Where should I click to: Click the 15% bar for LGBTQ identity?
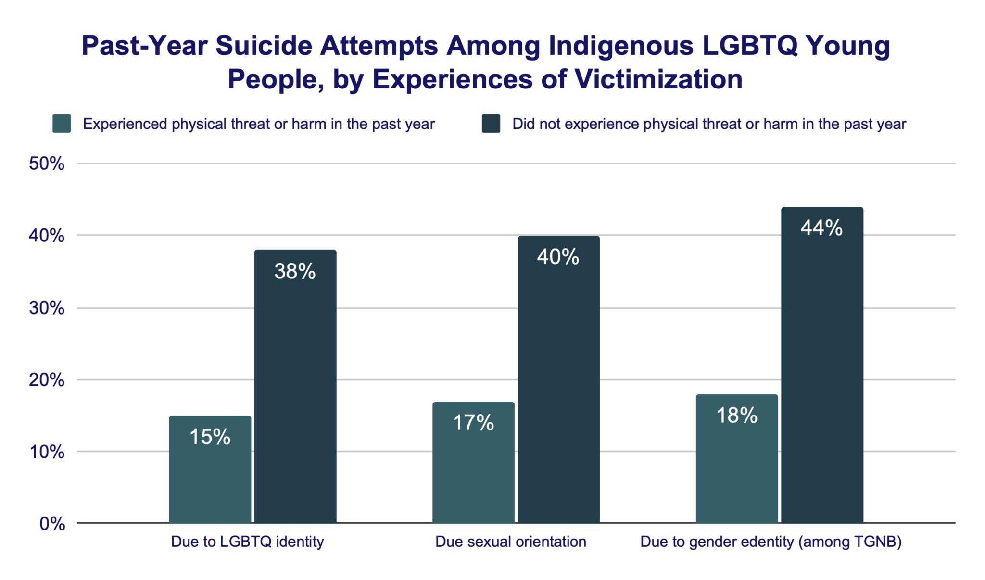coord(210,469)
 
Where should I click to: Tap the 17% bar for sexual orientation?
coord(473,462)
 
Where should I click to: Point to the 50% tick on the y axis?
coord(47,164)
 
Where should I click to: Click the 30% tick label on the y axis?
coord(47,308)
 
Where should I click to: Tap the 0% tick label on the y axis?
coord(52,524)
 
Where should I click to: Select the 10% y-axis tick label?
coord(47,452)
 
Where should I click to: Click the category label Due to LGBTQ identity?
coord(247,542)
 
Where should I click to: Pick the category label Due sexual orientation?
coord(510,542)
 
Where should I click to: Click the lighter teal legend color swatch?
coord(62,124)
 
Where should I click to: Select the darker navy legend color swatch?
coord(491,124)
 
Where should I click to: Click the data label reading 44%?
coord(821,228)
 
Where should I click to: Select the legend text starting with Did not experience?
coord(709,124)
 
